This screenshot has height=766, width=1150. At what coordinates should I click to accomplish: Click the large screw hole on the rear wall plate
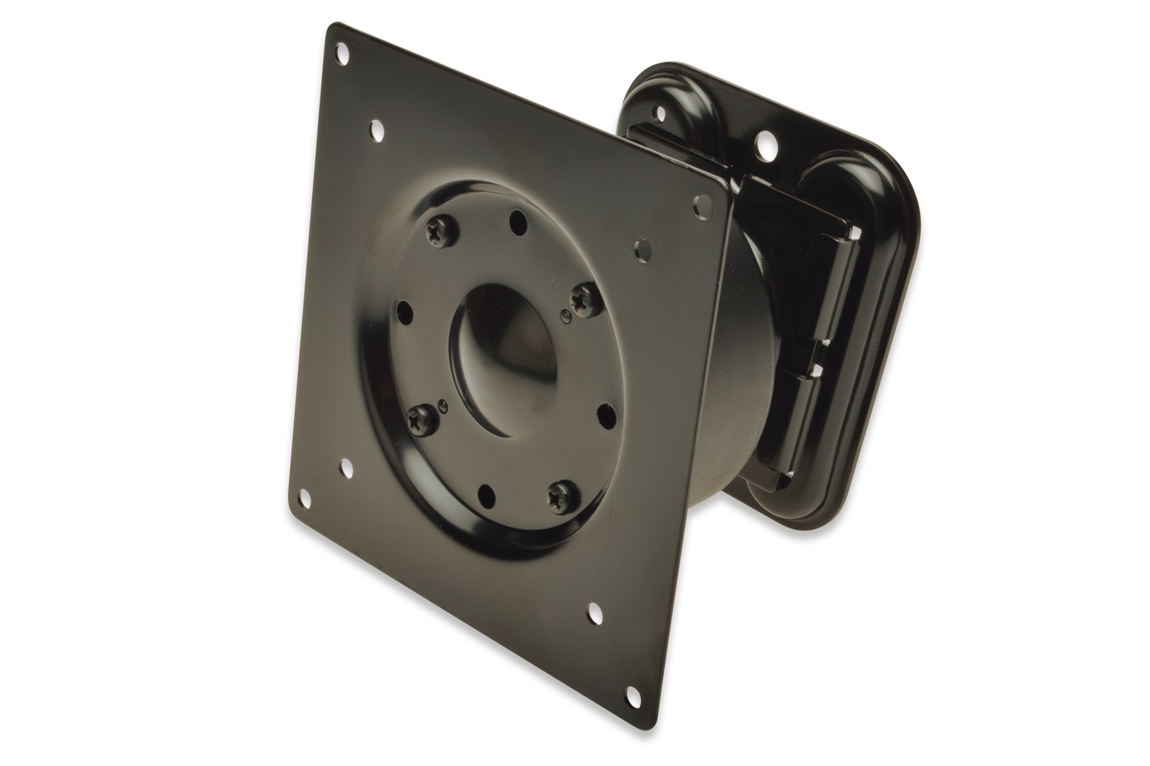coord(764,143)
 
